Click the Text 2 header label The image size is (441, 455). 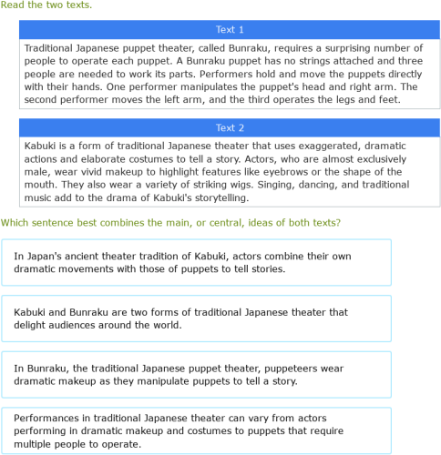coord(230,128)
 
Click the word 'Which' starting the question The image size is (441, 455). coord(16,222)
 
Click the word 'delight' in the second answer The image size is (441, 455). coord(32,325)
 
